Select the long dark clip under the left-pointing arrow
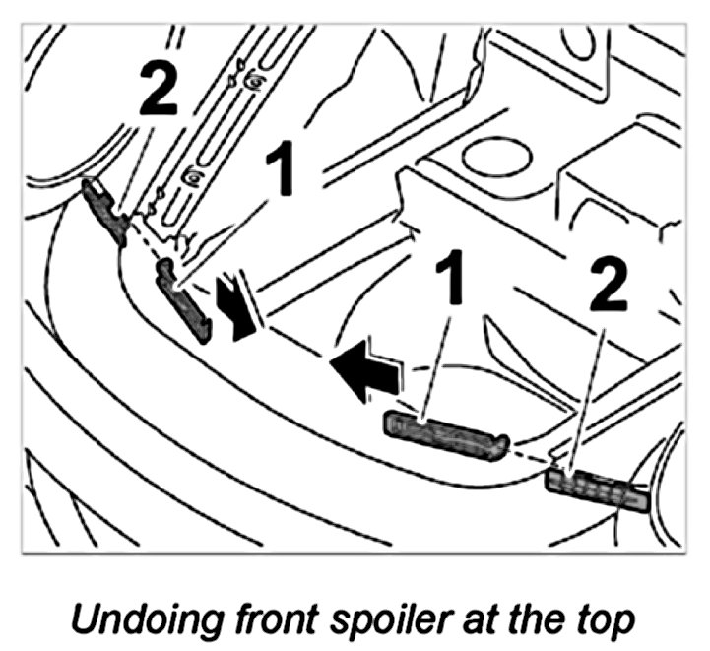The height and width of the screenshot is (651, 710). coord(445,433)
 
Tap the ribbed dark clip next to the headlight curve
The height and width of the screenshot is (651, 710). coord(596,490)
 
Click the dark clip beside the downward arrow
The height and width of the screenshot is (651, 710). coord(186,300)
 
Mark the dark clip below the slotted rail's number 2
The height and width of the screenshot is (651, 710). coord(105,210)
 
